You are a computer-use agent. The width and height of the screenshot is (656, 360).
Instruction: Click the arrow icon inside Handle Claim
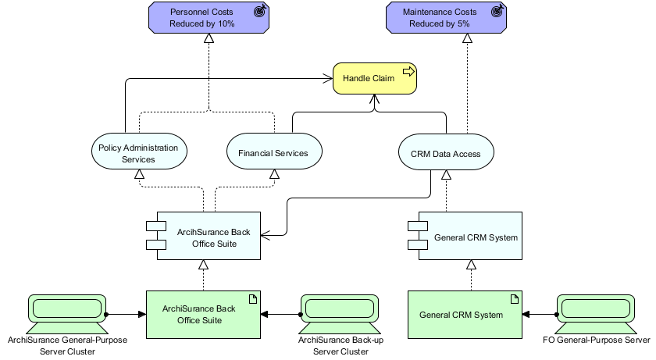tap(407, 73)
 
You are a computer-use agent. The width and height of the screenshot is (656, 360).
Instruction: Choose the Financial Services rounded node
tap(273, 153)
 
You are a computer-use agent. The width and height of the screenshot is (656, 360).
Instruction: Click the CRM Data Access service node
tap(445, 153)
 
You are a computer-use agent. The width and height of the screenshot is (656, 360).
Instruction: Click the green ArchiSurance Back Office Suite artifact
tap(203, 314)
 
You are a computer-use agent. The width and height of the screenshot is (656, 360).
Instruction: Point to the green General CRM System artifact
tap(465, 314)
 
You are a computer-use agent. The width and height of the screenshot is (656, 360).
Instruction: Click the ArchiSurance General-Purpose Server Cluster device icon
tap(67, 312)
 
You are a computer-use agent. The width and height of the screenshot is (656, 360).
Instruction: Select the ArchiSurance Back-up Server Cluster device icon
tap(340, 312)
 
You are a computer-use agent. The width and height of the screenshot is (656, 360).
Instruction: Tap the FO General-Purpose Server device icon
tap(596, 312)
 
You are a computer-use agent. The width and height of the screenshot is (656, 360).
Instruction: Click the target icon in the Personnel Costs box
tap(259, 12)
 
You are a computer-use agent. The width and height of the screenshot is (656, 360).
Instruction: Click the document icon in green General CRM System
tap(515, 298)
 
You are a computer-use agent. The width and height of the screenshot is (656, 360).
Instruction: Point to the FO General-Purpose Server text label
tap(596, 340)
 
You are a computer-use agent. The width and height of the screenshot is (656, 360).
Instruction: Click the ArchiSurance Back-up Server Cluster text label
tap(340, 346)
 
